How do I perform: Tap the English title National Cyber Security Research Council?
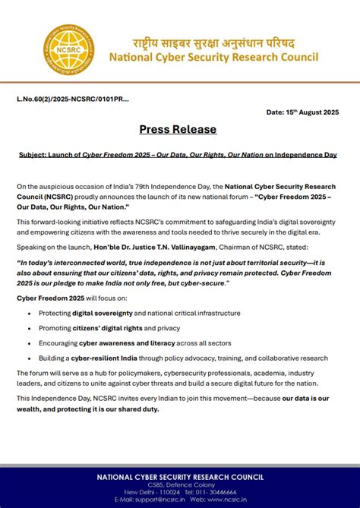coord(213,58)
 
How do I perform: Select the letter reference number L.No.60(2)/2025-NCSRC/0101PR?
coord(72,99)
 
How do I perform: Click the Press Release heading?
coord(178,129)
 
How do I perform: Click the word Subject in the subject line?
coord(33,154)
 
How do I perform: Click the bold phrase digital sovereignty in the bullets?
coord(103,312)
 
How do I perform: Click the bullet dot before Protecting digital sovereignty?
coord(29,312)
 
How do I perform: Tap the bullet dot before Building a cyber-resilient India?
coord(29,358)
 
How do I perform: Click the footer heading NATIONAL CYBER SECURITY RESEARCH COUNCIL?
coord(180,477)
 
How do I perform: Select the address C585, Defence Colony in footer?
coord(180,485)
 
